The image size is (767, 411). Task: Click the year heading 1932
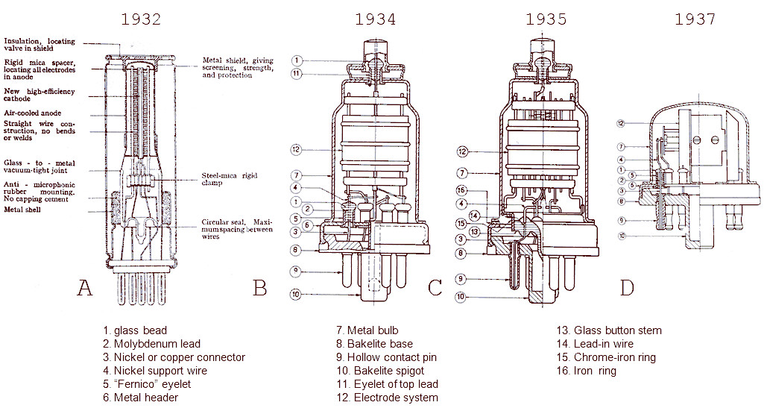[x=141, y=19]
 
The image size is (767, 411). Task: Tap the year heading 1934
[x=376, y=19]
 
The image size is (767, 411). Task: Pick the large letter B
[x=259, y=288]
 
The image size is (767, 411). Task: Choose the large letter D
[x=628, y=288]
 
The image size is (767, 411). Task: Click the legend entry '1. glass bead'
[x=135, y=330]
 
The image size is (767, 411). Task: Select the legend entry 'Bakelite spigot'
[x=379, y=371]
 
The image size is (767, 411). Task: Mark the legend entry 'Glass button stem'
[x=609, y=330]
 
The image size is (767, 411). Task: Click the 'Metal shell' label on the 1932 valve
[x=24, y=210]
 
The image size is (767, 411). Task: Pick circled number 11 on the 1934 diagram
[x=297, y=74]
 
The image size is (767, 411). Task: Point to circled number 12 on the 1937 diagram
[x=620, y=122]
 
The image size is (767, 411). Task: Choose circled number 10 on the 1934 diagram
[x=297, y=295]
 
